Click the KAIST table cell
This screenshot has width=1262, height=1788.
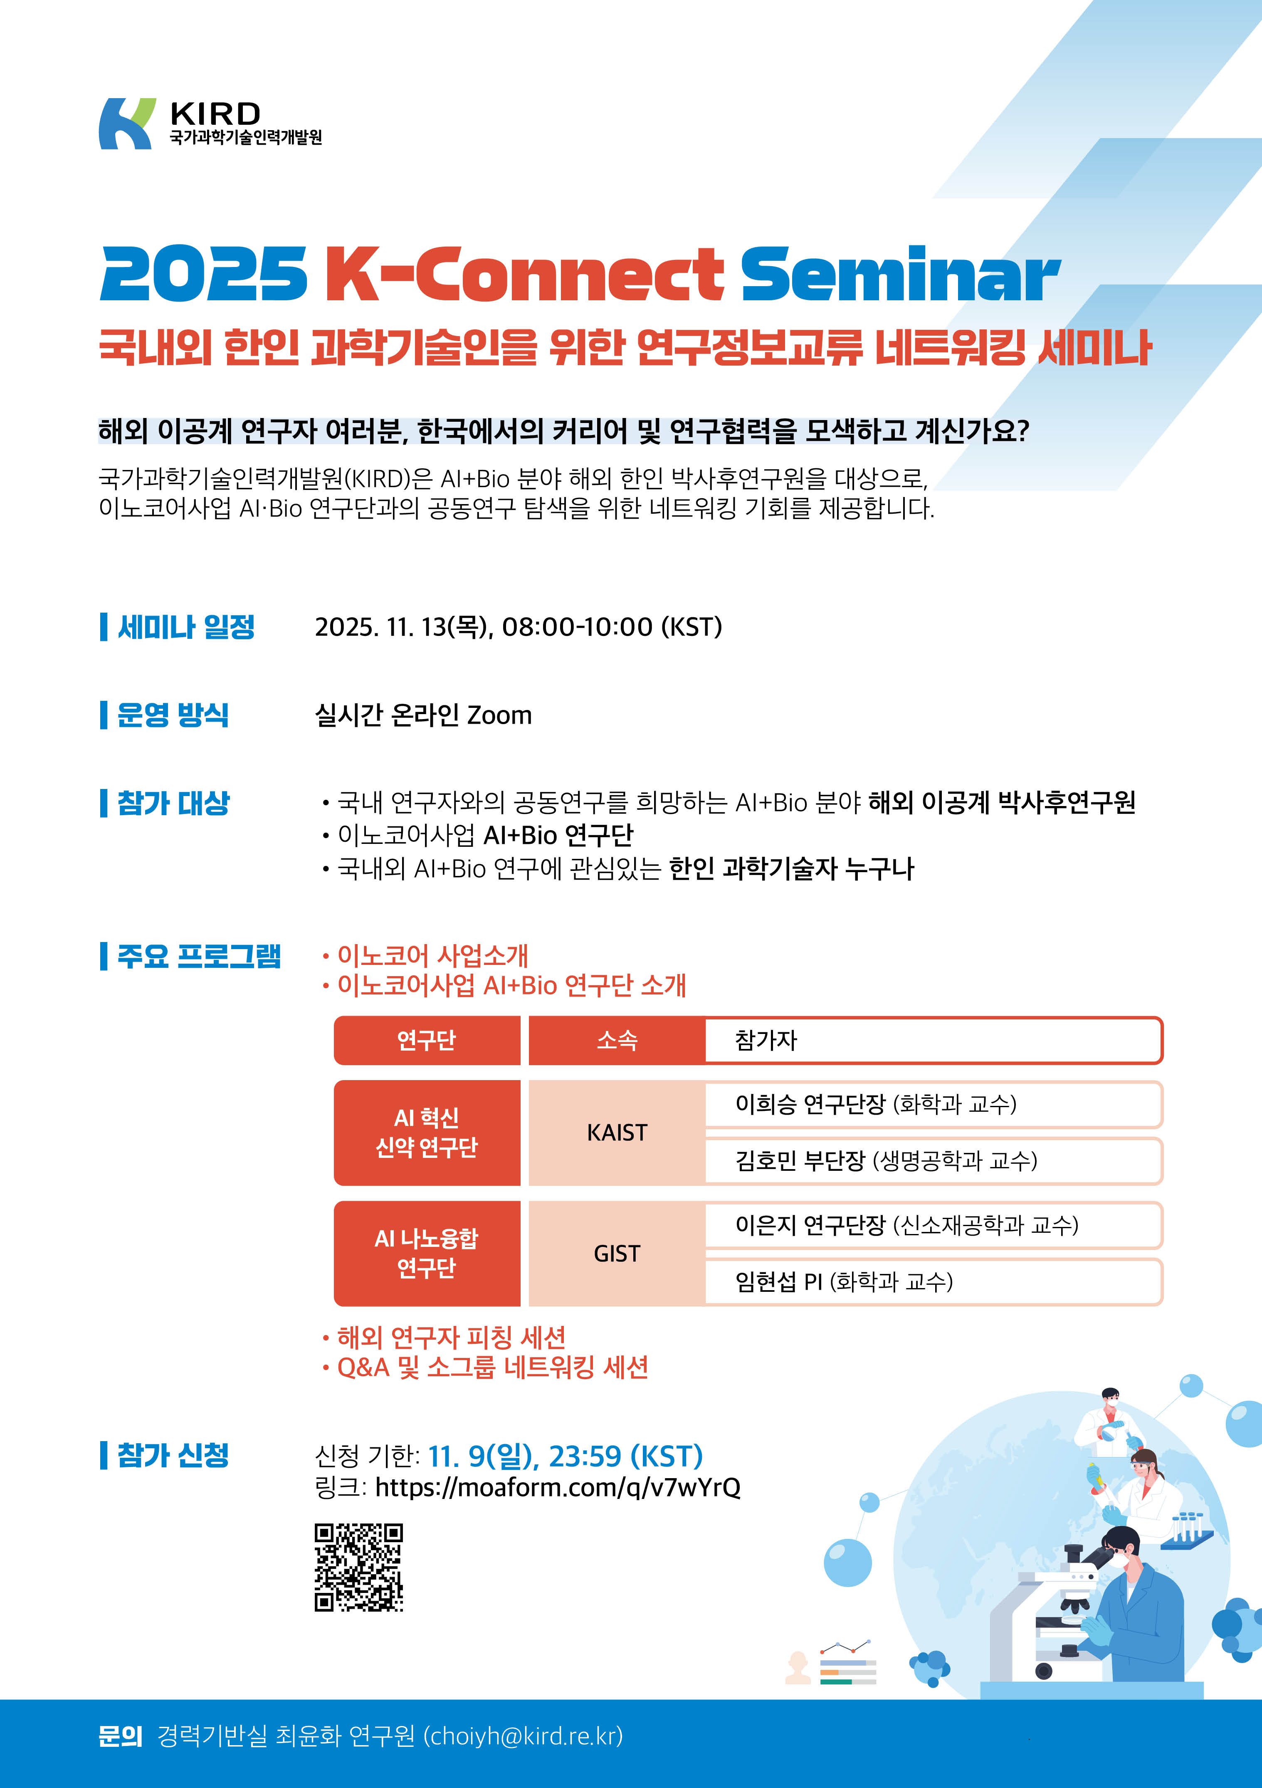tap(617, 1132)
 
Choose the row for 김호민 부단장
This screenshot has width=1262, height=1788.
tap(933, 1161)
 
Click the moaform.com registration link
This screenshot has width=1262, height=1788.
tap(558, 1487)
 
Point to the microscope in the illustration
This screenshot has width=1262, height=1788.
tap(1043, 1604)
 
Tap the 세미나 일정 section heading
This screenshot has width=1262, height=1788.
tap(185, 627)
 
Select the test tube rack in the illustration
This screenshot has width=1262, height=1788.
tap(1187, 1530)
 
